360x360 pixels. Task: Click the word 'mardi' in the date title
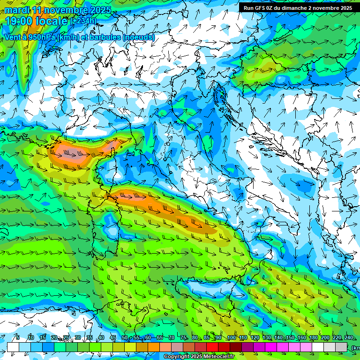(x=17, y=10)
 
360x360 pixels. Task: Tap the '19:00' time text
(x=19, y=21)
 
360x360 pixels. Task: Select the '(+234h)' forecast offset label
(x=83, y=21)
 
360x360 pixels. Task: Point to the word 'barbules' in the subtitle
(x=106, y=37)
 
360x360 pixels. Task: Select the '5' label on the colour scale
(x=18, y=338)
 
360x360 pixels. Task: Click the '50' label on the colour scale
(x=124, y=338)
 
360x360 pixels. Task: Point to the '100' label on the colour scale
(x=232, y=338)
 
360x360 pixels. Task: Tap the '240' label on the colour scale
(x=349, y=338)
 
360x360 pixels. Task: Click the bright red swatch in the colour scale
(x=212, y=347)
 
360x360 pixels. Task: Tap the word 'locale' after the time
(x=52, y=21)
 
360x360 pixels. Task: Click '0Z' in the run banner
(x=271, y=8)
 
